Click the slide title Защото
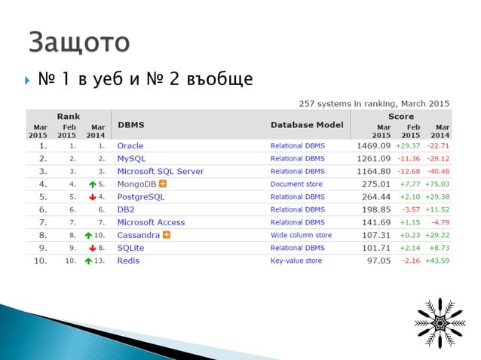tap(78, 41)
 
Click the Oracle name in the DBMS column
tap(130, 145)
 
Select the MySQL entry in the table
tap(131, 158)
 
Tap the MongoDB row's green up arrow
tap(90, 184)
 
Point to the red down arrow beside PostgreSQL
tap(90, 197)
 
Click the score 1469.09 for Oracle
tap(373, 145)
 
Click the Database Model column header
tap(307, 125)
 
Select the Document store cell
tap(296, 184)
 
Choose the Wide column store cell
tap(301, 235)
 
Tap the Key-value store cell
tap(296, 261)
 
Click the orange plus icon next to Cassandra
tap(167, 235)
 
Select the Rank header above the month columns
tap(69, 116)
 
